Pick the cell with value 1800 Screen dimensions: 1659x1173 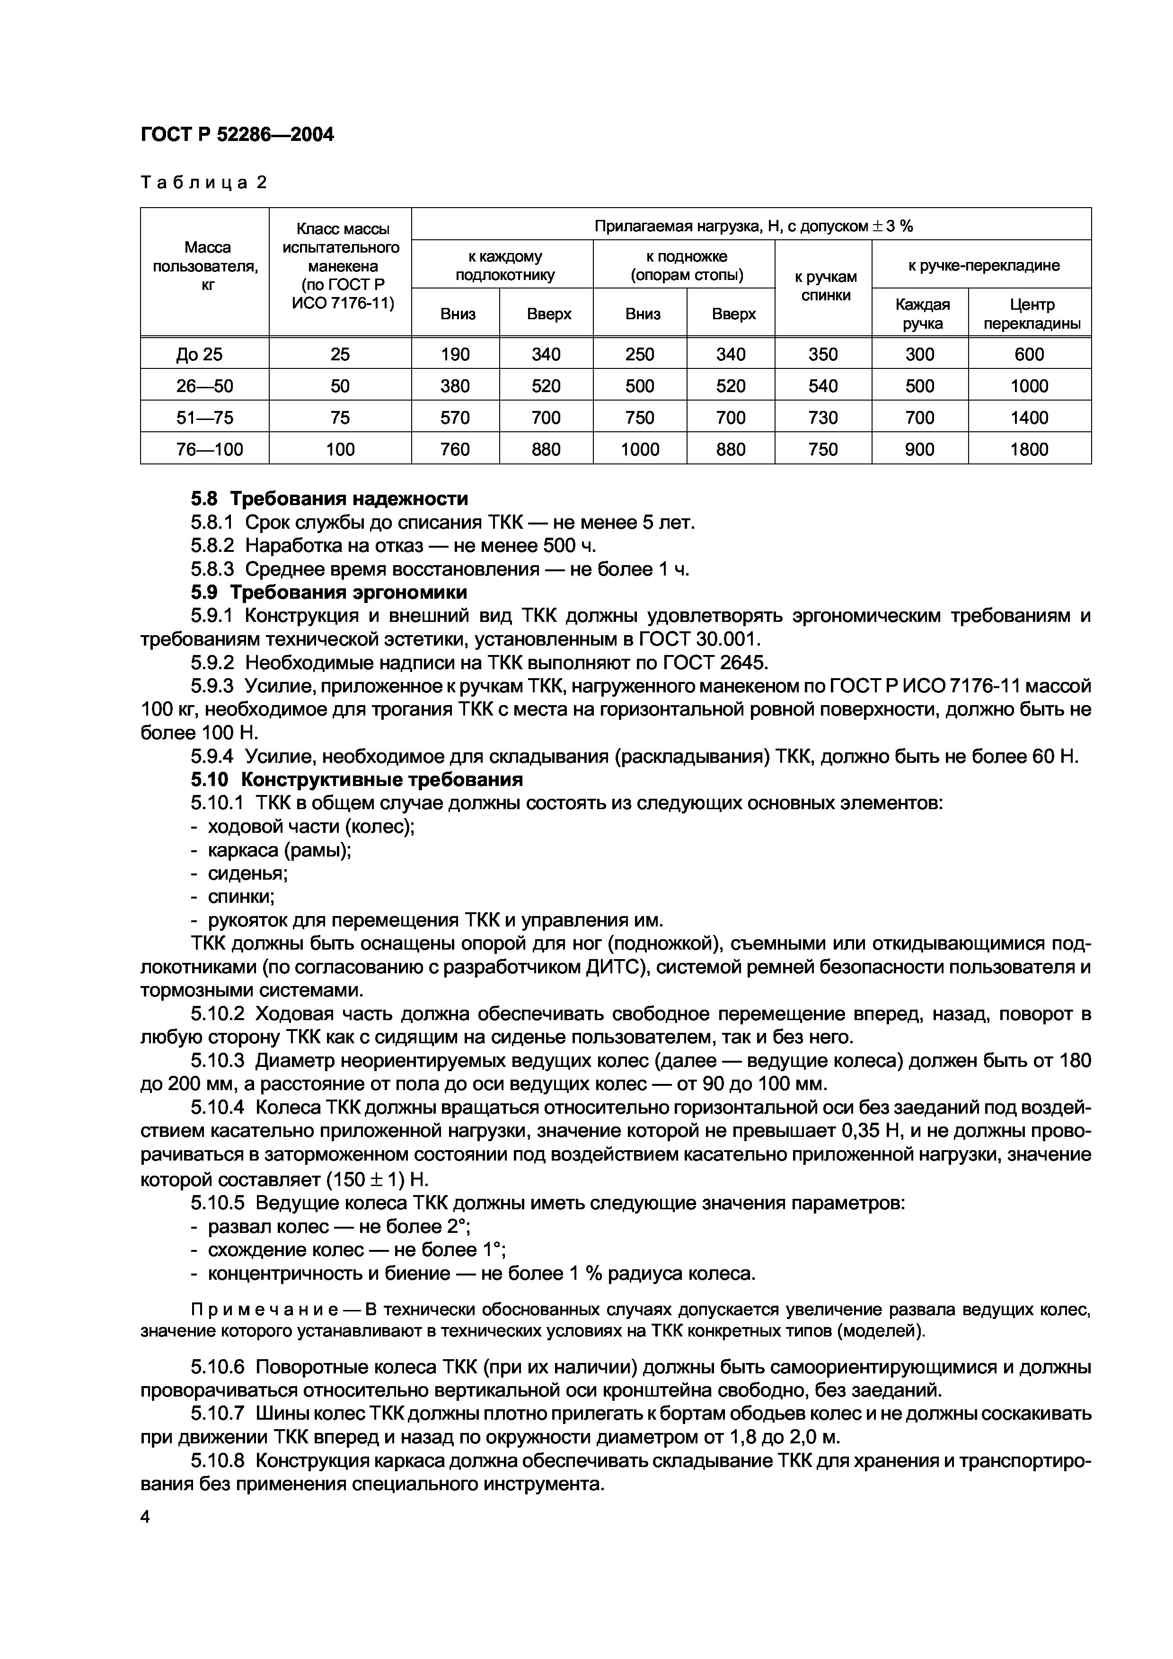coord(1029,449)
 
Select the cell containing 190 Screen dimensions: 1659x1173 coord(455,354)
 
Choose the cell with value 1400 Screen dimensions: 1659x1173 coord(1029,418)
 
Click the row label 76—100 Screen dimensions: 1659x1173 coord(210,449)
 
